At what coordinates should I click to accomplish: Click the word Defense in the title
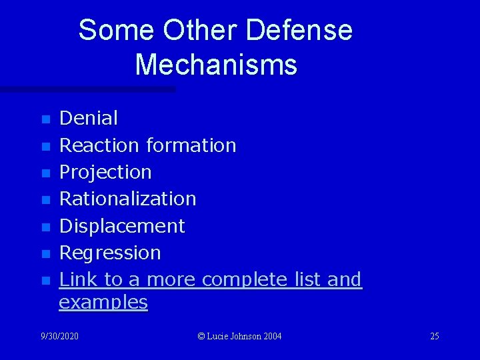pos(299,30)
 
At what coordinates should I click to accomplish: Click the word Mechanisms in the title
pos(215,65)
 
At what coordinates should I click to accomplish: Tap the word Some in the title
pos(117,30)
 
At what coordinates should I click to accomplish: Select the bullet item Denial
pos(89,119)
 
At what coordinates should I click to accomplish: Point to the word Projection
pos(105,172)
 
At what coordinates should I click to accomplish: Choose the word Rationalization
pos(128,199)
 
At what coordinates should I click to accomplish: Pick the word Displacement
pos(122,226)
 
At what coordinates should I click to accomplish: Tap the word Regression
pos(110,253)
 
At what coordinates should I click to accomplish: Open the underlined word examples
pos(103,302)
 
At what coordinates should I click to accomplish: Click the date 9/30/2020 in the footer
pos(59,336)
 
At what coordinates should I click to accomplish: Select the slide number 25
pos(434,336)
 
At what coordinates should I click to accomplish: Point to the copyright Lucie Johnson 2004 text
pos(240,336)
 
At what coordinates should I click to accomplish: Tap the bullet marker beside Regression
pos(45,254)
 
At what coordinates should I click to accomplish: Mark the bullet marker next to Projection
pos(45,173)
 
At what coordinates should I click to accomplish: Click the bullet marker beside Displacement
pos(45,227)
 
